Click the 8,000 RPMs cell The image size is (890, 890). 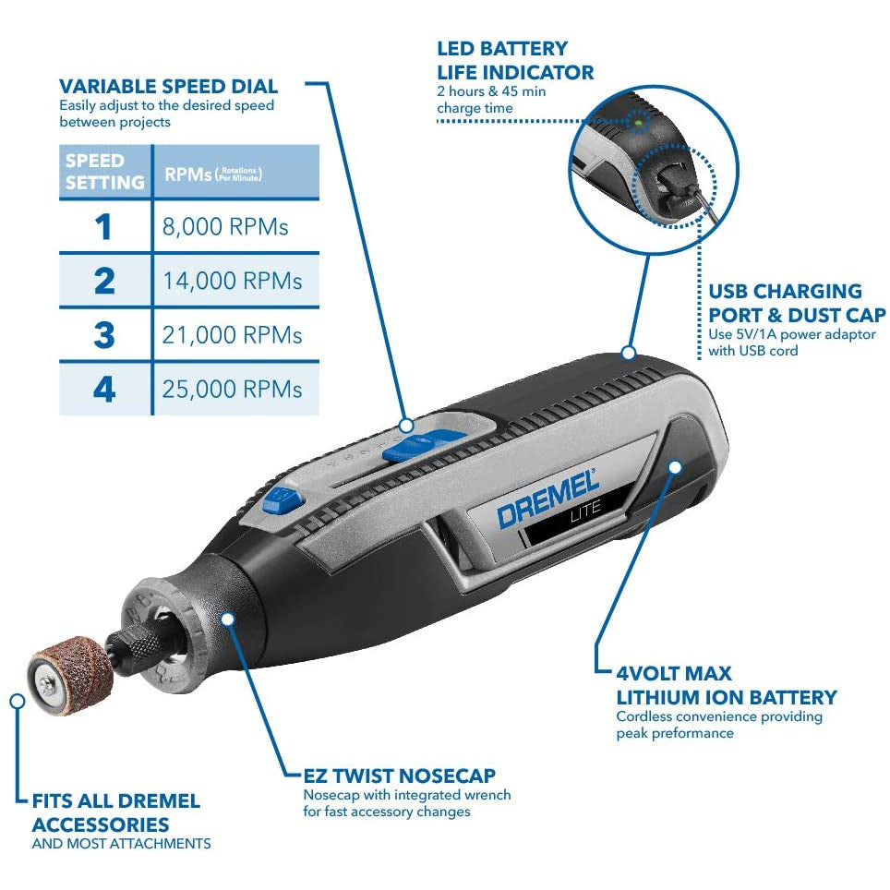(226, 226)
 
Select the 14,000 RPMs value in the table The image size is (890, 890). (233, 281)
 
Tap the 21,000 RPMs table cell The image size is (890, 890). (233, 334)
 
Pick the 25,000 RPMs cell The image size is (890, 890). (233, 389)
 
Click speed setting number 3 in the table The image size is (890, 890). (104, 334)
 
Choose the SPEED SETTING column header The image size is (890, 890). (104, 172)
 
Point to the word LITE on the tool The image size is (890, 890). (586, 508)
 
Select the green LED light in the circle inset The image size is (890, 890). (636, 121)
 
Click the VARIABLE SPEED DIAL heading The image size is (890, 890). (168, 87)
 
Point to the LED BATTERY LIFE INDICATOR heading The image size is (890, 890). (515, 60)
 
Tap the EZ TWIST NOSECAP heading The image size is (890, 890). (399, 776)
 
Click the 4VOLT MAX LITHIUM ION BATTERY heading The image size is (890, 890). (726, 685)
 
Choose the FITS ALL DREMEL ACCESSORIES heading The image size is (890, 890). (115, 812)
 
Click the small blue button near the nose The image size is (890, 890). (275, 501)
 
